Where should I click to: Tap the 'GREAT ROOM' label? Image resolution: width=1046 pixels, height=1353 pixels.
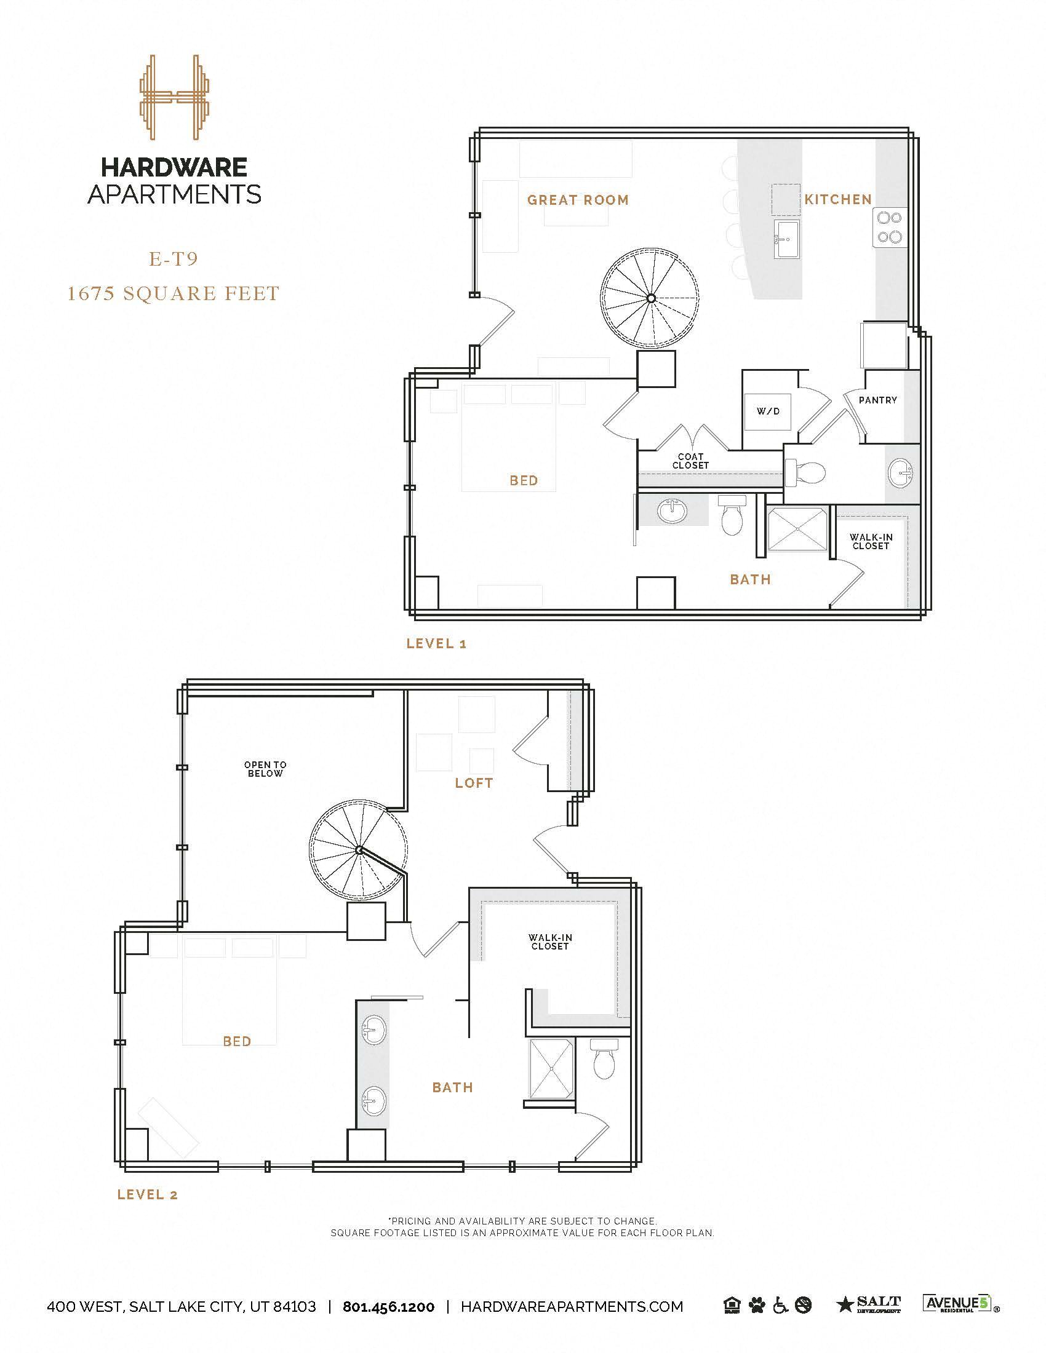pos(578,200)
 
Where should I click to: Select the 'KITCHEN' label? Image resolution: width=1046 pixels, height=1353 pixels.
pos(838,199)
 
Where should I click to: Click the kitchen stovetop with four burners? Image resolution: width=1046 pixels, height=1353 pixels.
pos(889,228)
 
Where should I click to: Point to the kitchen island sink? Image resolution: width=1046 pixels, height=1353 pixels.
pos(786,239)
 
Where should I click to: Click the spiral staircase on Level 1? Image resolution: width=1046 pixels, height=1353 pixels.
pos(651,299)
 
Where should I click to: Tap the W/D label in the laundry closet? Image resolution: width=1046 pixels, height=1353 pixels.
pos(768,411)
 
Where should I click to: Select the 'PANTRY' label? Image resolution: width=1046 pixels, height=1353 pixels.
pos(877,400)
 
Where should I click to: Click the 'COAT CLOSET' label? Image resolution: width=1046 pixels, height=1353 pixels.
pos(690,461)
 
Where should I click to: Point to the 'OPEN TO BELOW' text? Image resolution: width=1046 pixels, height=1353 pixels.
pos(265,769)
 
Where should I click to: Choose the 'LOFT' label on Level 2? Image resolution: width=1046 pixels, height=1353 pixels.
pos(474,783)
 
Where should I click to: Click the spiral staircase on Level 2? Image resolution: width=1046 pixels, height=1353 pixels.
pos(359,850)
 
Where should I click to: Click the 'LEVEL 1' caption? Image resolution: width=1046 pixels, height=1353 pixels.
pos(436,644)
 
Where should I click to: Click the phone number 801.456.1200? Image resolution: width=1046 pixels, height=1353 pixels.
pos(388,1306)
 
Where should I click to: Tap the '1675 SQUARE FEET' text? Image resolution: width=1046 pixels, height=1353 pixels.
pos(174,293)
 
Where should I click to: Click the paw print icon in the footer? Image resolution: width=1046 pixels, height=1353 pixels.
pos(757,1306)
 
